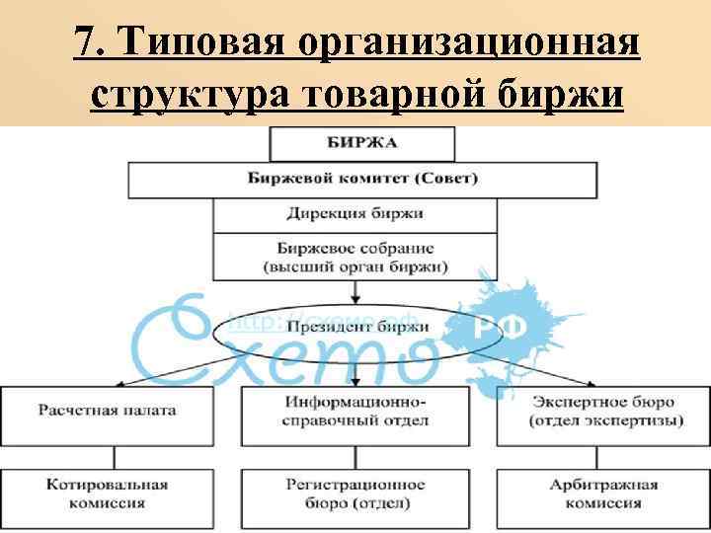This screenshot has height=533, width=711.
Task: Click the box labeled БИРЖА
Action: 362,143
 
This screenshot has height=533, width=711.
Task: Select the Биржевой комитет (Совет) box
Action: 362,179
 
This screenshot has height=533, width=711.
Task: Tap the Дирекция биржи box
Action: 356,214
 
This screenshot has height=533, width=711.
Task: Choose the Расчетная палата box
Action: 109,416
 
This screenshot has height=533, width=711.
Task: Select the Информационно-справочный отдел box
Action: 356,416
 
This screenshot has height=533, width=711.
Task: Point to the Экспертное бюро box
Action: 605,416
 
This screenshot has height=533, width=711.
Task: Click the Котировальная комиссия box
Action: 109,493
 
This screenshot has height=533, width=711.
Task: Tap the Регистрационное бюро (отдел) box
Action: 356,493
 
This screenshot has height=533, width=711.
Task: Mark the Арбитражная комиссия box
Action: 605,493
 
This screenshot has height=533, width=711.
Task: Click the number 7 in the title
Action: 84,43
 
